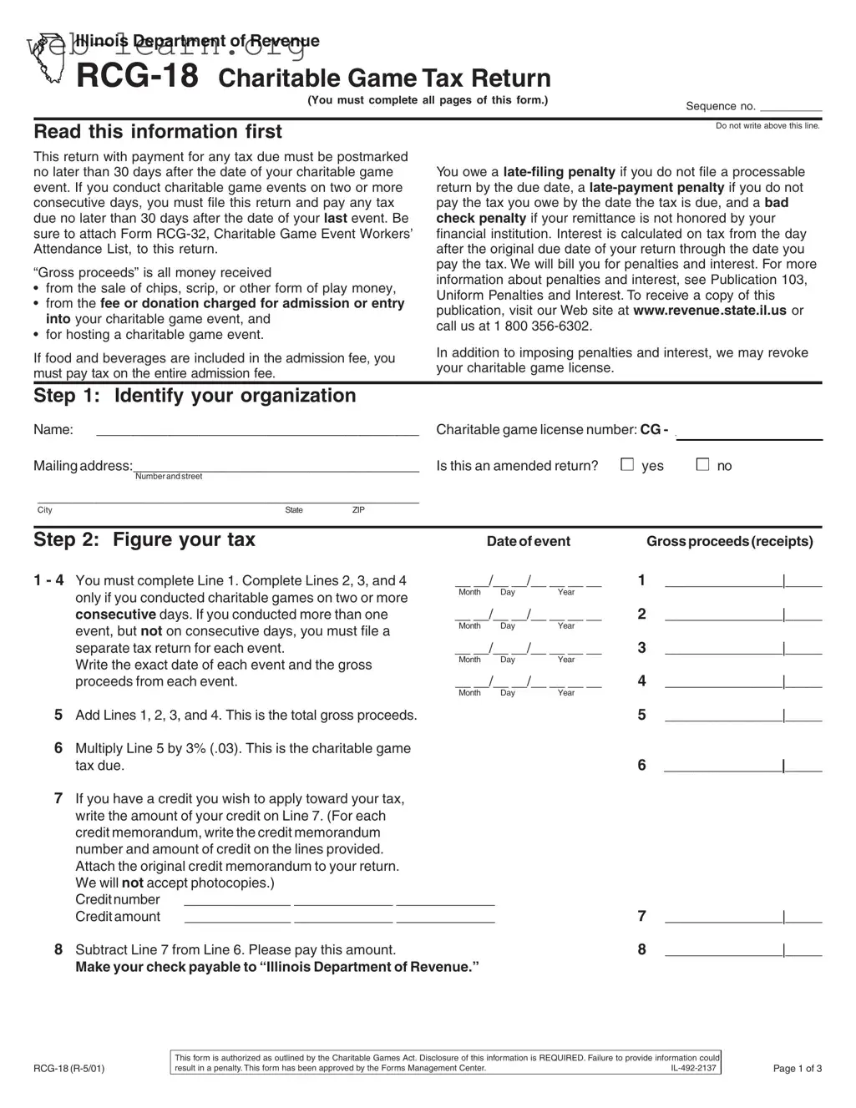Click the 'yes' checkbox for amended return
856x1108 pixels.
coord(627,465)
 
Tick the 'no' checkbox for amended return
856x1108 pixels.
coord(702,465)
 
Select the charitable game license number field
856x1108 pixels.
coord(749,432)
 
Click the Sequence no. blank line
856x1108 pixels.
coord(791,106)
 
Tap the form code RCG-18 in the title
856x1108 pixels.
coord(137,77)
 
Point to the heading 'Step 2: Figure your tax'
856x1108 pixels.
coord(144,539)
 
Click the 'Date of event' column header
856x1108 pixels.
coord(528,541)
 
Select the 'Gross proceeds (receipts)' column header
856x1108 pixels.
coord(729,541)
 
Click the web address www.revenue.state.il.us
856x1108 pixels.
coord(710,311)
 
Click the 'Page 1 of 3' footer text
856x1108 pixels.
coord(797,1068)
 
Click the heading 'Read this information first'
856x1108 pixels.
coord(158,132)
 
